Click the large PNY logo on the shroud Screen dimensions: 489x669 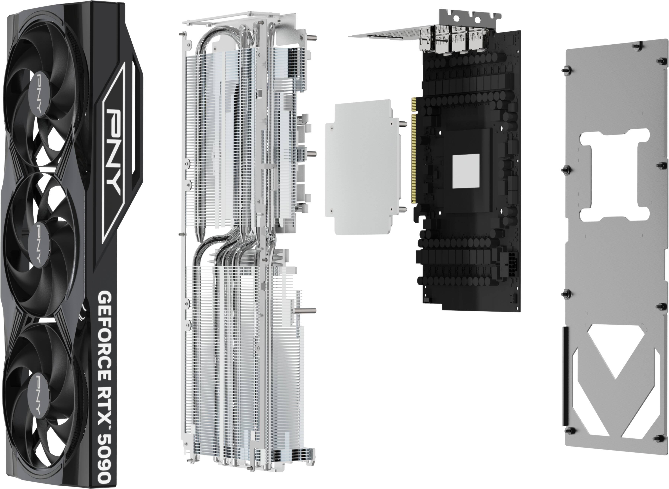(114, 151)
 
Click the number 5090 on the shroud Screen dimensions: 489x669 (104, 461)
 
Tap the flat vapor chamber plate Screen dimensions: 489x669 (363, 167)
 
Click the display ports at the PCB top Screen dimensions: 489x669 (453, 40)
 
